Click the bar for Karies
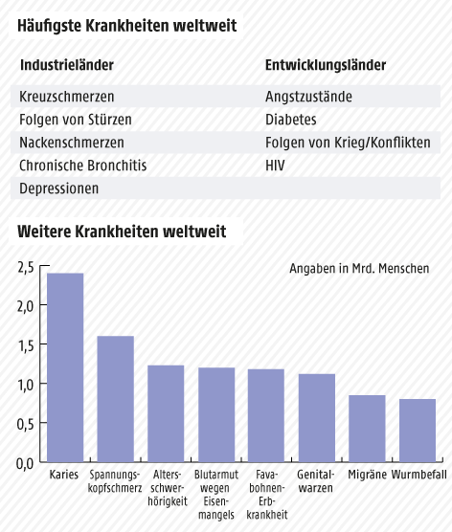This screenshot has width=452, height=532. [x=65, y=367]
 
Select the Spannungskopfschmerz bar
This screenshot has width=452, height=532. [x=115, y=399]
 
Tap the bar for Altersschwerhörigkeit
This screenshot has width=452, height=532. [x=166, y=413]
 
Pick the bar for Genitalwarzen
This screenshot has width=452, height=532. [x=317, y=418]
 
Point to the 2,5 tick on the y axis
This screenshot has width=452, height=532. [x=26, y=266]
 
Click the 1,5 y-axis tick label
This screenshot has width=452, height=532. [x=26, y=344]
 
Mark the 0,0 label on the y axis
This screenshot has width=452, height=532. [x=26, y=463]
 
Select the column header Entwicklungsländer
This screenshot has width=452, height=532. [x=325, y=65]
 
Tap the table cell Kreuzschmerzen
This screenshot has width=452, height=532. [x=67, y=97]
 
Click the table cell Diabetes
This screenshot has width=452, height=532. [x=290, y=120]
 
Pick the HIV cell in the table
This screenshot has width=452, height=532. [x=276, y=166]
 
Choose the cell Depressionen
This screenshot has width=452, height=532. [x=59, y=188]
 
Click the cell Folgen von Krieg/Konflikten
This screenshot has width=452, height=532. [x=348, y=143]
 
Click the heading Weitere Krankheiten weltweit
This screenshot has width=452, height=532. [x=122, y=232]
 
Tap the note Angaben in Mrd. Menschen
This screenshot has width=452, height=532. [x=359, y=269]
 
